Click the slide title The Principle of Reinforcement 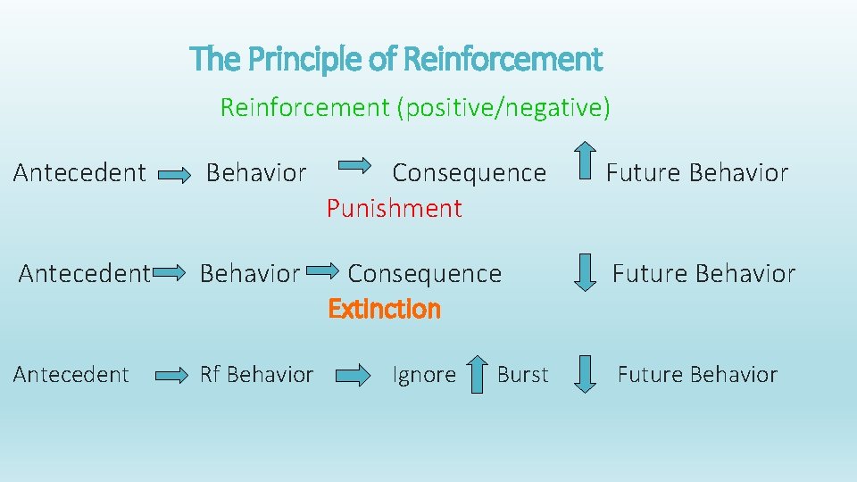396,60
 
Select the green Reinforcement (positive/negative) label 415,108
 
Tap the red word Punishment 394,209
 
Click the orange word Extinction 384,309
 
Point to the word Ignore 424,375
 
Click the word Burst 522,375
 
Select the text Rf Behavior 256,375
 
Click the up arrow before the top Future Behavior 585,165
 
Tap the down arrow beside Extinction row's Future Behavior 585,272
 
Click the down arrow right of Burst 585,374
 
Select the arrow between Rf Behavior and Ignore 353,376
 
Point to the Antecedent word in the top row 79,172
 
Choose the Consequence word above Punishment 469,172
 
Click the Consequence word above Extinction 424,273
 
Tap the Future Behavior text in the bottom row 697,375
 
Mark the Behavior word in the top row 256,172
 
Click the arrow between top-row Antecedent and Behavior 176,175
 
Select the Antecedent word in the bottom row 71,375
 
